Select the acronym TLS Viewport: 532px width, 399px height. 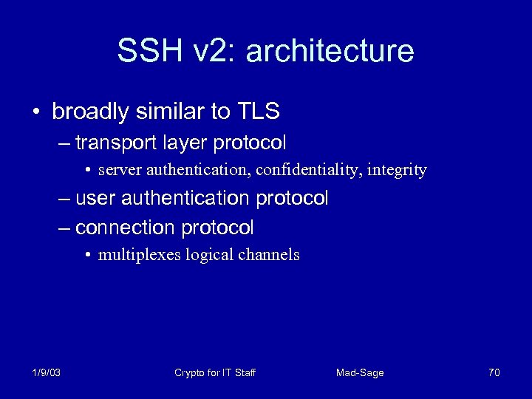[x=258, y=112]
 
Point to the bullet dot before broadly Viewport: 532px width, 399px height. [x=36, y=112]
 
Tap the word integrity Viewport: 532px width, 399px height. [x=398, y=171]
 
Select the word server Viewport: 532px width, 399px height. [x=120, y=171]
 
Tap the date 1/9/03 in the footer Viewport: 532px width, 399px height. [x=47, y=372]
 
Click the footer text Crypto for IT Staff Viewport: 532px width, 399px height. [x=215, y=372]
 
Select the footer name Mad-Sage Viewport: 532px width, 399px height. [x=360, y=372]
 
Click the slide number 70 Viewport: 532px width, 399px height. [x=494, y=372]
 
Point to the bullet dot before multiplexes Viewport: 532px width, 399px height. [x=87, y=256]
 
